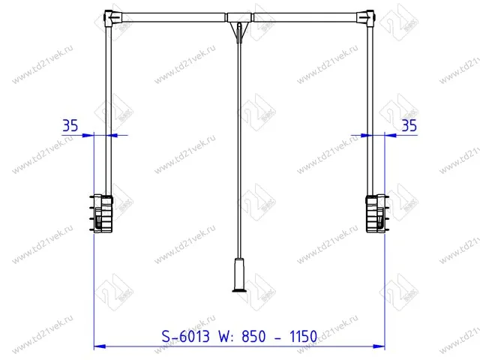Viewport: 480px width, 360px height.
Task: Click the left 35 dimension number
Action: click(x=70, y=125)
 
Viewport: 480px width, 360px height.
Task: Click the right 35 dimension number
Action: click(x=409, y=125)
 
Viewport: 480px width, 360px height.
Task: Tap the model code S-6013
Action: click(x=185, y=337)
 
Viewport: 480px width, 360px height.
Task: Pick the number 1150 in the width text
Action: click(x=303, y=337)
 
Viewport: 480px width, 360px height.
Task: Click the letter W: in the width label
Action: click(x=226, y=337)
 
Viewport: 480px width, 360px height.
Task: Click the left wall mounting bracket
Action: click(x=101, y=213)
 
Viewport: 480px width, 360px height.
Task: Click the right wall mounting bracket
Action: click(x=377, y=213)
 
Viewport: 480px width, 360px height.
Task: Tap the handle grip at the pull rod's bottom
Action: click(x=239, y=274)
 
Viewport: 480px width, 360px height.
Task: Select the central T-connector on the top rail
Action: click(x=240, y=17)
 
